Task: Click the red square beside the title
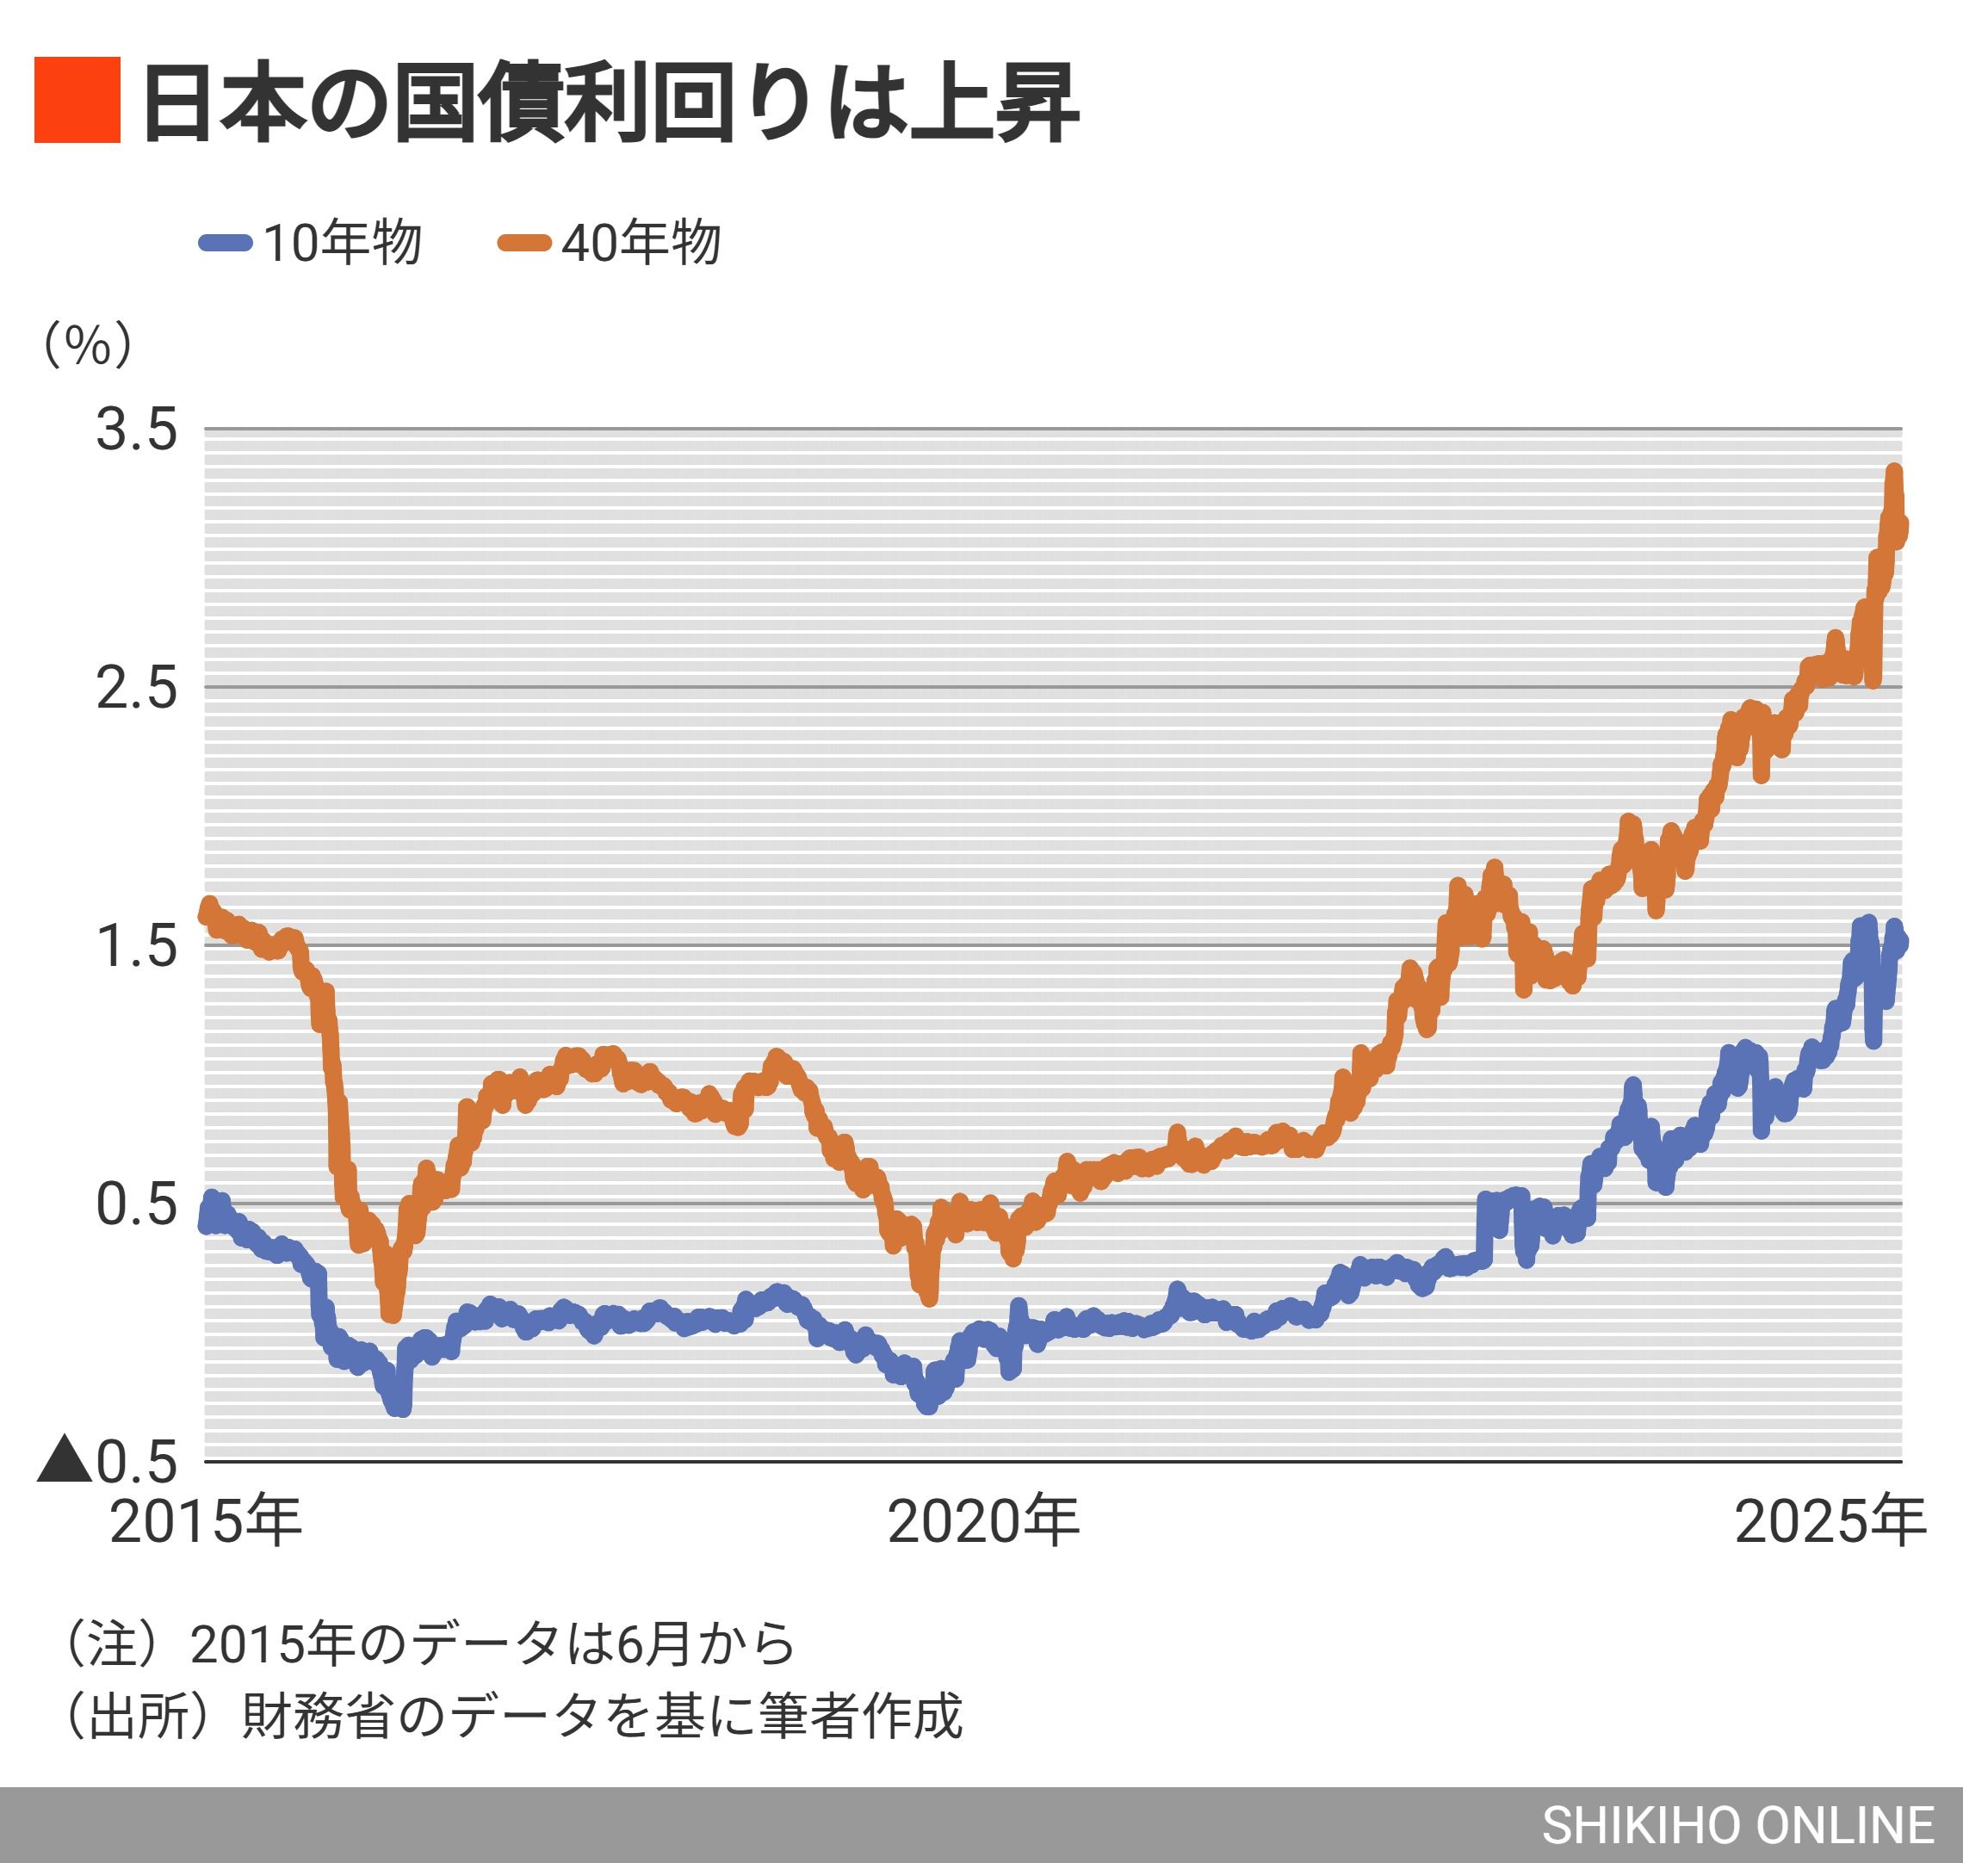(x=77, y=101)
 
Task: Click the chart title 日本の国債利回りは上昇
(x=610, y=102)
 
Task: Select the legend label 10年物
(x=343, y=242)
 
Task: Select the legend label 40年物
(x=641, y=242)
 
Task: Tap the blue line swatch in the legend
(x=226, y=242)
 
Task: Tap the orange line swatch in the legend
(x=524, y=242)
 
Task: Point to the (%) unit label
(x=87, y=344)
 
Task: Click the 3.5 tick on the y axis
(x=136, y=430)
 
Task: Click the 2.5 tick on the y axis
(x=136, y=687)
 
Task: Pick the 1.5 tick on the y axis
(x=136, y=945)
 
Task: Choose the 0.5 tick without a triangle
(x=136, y=1204)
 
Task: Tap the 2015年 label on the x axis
(x=206, y=1520)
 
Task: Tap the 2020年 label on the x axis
(x=983, y=1520)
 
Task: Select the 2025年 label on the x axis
(x=1830, y=1520)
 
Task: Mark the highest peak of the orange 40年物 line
(x=1894, y=473)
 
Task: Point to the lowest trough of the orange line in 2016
(x=391, y=1313)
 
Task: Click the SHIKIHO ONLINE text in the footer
(x=1737, y=1825)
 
